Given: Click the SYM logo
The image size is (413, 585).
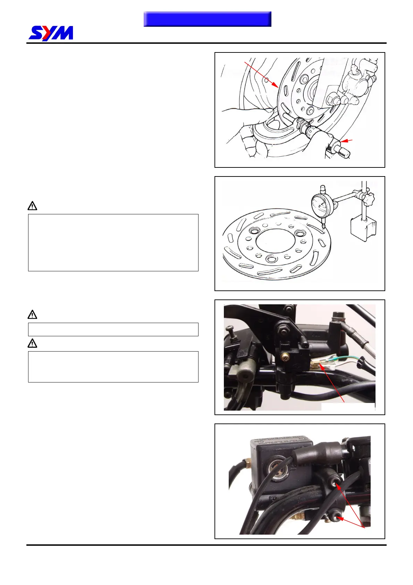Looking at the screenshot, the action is point(51,33).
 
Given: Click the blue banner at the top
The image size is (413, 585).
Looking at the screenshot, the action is point(207,19).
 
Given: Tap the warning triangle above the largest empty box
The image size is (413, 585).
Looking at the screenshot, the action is point(32,206).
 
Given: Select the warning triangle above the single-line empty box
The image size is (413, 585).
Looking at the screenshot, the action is point(32,315).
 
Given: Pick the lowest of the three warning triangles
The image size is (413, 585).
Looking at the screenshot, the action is point(32,344).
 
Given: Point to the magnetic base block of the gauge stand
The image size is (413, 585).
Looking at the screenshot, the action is point(363,228).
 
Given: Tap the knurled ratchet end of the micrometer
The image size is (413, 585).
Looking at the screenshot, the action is point(345,152).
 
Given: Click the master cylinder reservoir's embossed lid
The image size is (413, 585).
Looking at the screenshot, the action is point(282,445).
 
